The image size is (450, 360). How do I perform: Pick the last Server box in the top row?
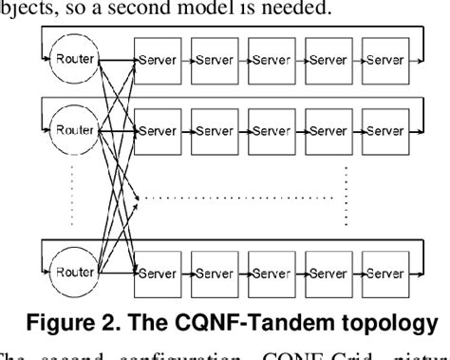click(x=384, y=60)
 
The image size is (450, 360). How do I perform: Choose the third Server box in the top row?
click(x=272, y=60)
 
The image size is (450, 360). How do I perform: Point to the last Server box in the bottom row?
click(x=384, y=274)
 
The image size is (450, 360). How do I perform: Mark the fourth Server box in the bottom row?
click(x=328, y=274)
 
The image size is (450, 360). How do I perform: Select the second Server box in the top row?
click(x=216, y=60)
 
